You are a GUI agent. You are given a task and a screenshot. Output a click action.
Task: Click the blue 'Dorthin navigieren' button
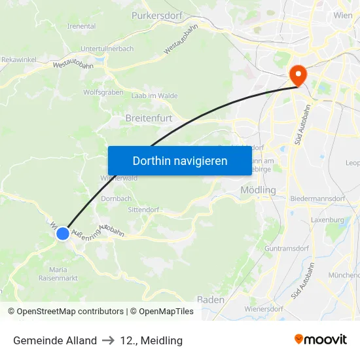[x=180, y=160]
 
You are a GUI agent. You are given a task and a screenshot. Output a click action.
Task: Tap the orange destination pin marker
[x=298, y=76]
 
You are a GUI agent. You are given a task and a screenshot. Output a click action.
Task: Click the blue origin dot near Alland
[x=63, y=234]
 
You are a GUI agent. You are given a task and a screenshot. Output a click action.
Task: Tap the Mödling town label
[x=259, y=190]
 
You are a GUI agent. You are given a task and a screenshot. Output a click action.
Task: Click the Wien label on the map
[x=342, y=14]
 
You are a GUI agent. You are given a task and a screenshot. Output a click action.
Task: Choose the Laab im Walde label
[x=154, y=96]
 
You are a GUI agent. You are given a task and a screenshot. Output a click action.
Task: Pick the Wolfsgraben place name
[x=103, y=92]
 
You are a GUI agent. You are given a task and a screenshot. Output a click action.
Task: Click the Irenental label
[x=81, y=26]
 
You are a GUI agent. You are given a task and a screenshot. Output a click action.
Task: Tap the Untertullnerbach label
[x=107, y=49]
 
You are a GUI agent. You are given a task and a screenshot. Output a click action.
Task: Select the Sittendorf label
[x=143, y=209]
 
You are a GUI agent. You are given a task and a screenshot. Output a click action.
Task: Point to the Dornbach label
[x=117, y=198]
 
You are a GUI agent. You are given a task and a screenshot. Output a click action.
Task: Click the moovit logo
[x=320, y=340]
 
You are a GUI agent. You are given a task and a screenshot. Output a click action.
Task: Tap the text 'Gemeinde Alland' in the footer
[x=55, y=340]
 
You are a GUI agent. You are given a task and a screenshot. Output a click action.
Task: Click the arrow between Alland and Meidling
[x=109, y=340]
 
